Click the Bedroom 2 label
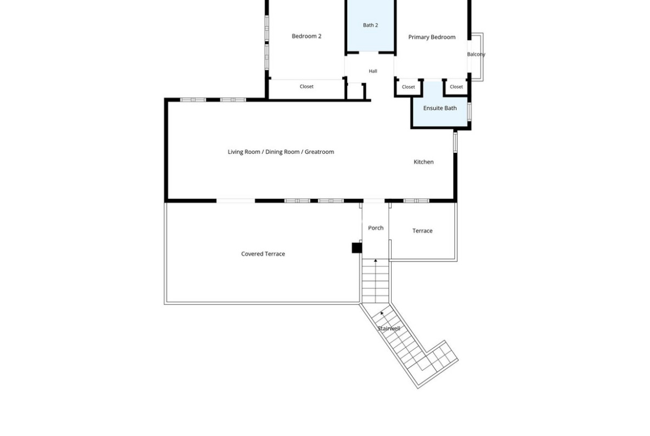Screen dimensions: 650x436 306,36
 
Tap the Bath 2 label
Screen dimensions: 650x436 370,26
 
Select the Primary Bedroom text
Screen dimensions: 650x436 432,37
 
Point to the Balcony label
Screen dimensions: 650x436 476,54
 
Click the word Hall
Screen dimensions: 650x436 373,71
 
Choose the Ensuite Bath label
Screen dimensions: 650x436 440,108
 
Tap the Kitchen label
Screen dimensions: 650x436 423,162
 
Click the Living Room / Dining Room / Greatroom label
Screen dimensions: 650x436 281,152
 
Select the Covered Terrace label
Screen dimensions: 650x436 263,254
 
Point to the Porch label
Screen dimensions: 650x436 376,228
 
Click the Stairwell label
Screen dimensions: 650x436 388,329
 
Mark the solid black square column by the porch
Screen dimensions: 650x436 357,248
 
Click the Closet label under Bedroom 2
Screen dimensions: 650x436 306,87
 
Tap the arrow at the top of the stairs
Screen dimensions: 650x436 376,260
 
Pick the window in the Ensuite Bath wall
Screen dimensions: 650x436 469,112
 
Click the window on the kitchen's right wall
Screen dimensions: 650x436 455,142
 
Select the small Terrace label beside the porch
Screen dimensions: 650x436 422,231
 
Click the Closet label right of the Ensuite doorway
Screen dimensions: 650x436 456,87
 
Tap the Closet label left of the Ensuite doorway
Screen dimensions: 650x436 408,87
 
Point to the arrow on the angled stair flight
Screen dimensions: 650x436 382,314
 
